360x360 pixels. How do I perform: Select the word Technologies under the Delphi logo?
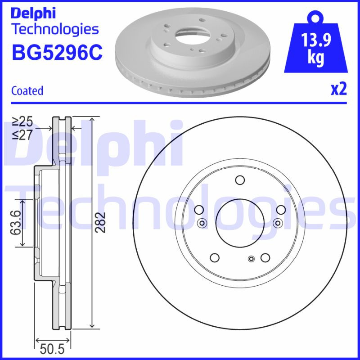[54, 29]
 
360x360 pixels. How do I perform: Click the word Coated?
[27, 90]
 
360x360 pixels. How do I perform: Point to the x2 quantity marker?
[339, 90]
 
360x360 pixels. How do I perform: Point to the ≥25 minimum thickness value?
[22, 121]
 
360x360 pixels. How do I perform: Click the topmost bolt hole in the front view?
[239, 180]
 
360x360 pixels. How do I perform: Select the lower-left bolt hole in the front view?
[215, 258]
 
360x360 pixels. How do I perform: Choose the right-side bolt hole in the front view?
[280, 210]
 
